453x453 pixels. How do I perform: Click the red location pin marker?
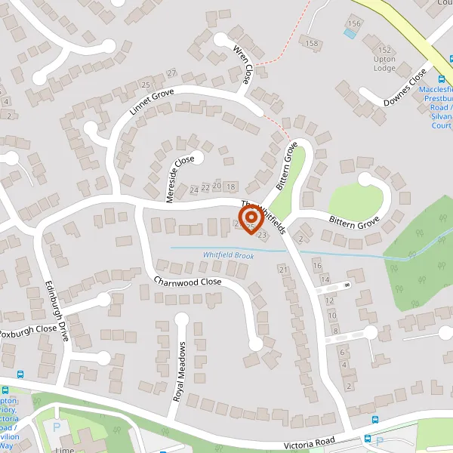(250, 219)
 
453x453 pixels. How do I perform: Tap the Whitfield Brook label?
(227, 256)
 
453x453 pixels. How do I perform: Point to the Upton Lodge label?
(384, 63)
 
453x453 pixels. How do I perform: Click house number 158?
(312, 43)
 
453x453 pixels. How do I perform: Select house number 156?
(354, 24)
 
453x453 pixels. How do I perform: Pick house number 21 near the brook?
(284, 270)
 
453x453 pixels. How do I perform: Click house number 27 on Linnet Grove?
(172, 73)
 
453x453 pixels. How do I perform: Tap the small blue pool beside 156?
(350, 33)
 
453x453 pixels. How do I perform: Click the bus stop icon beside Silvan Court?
(442, 80)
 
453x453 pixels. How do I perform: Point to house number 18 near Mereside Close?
(230, 186)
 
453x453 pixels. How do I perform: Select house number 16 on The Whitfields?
(317, 266)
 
